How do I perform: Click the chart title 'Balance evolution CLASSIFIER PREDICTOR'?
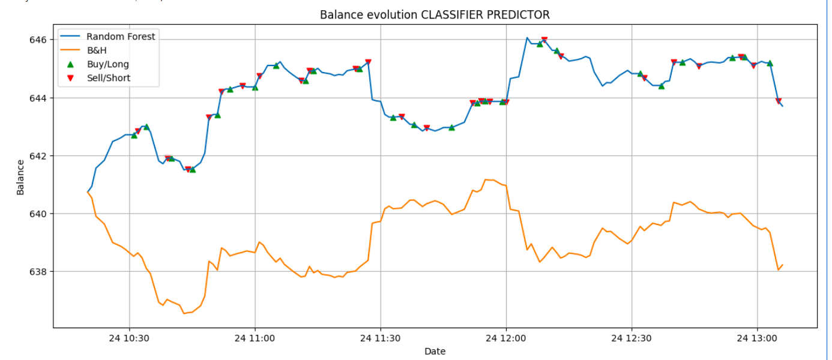tap(435, 14)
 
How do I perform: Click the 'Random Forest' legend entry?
tap(120, 37)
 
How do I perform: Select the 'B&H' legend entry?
tap(97, 50)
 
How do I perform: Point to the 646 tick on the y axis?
tap(39, 40)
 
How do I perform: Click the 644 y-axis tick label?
tap(39, 98)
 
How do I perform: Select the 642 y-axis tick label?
tap(39, 156)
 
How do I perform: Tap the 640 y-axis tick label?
tap(39, 214)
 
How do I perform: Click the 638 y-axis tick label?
tap(39, 272)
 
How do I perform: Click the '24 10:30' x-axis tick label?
tap(129, 338)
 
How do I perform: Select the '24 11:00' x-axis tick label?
tap(255, 338)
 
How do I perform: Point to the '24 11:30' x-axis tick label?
tap(381, 338)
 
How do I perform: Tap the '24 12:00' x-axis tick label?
tap(506, 338)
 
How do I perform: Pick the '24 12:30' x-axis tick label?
tap(632, 338)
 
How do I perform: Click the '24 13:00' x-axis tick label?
tap(757, 338)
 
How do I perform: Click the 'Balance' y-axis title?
tap(20, 177)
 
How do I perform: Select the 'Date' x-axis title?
tap(435, 352)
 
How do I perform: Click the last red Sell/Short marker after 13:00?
tap(778, 101)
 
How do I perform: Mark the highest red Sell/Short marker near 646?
tap(544, 40)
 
